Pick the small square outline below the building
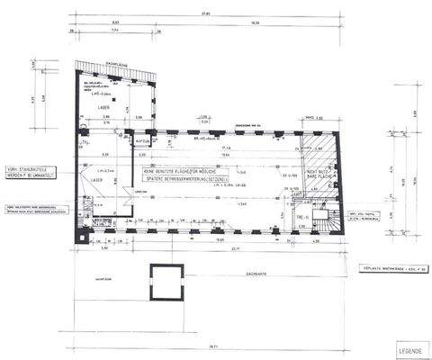pyautogui.click(x=164, y=283)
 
